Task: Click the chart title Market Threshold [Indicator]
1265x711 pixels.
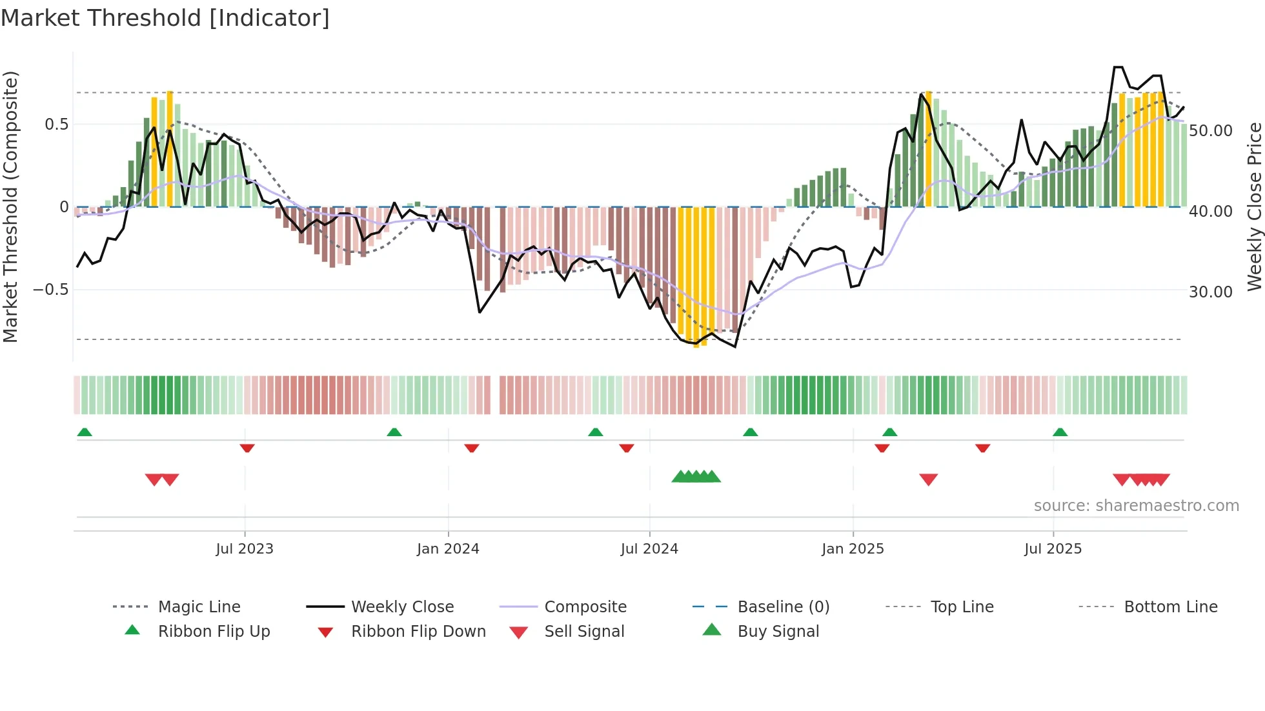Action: (165, 18)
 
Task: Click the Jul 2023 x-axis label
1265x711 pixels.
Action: (245, 548)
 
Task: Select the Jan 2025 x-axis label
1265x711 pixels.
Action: (853, 548)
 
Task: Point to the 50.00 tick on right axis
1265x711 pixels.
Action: (1211, 131)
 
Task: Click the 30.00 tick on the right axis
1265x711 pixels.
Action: (1211, 292)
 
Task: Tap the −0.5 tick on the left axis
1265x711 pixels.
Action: (50, 289)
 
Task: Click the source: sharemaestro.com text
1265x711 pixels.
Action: (1136, 505)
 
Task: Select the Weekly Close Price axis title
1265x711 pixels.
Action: (1254, 206)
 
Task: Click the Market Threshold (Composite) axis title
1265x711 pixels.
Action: (10, 206)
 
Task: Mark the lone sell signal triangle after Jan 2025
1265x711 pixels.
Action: (928, 479)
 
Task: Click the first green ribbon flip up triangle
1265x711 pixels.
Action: (85, 432)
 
